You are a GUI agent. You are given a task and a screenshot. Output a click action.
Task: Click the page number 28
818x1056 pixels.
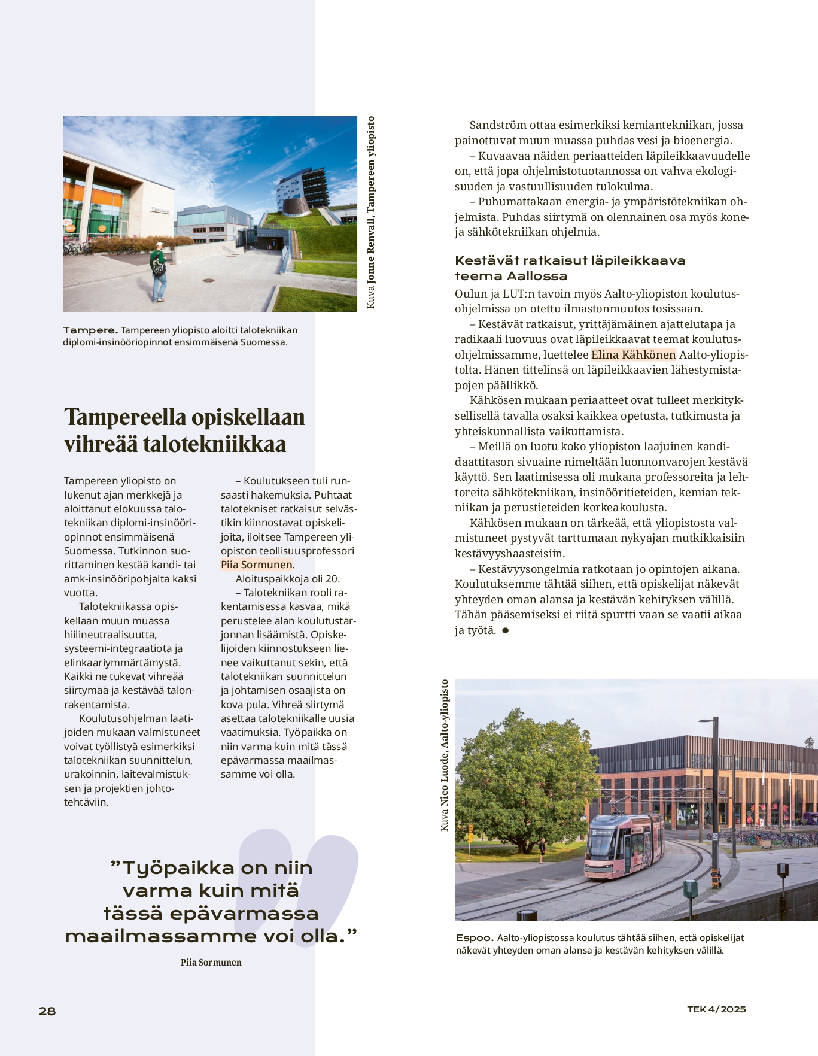click(x=47, y=1011)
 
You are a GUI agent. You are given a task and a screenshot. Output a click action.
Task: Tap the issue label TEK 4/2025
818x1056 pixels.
click(x=716, y=1009)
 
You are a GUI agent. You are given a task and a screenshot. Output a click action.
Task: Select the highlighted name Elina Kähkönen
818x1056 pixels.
click(x=633, y=354)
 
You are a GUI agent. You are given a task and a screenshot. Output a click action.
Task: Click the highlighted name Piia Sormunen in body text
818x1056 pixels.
click(x=256, y=565)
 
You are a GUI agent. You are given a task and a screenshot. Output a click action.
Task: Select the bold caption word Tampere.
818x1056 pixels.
click(x=90, y=330)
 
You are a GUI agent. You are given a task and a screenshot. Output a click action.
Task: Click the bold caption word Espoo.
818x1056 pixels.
click(x=475, y=938)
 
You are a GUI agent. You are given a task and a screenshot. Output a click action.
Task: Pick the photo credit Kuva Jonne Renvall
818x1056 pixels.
click(x=371, y=213)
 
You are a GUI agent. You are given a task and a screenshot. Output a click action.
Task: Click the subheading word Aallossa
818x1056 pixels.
click(x=537, y=276)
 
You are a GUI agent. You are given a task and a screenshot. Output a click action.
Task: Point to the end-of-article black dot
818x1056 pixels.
click(x=506, y=630)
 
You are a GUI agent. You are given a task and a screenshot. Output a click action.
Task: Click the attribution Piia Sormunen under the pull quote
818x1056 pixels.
click(x=211, y=963)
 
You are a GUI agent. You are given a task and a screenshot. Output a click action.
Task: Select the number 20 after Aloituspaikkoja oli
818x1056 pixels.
click(x=332, y=579)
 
